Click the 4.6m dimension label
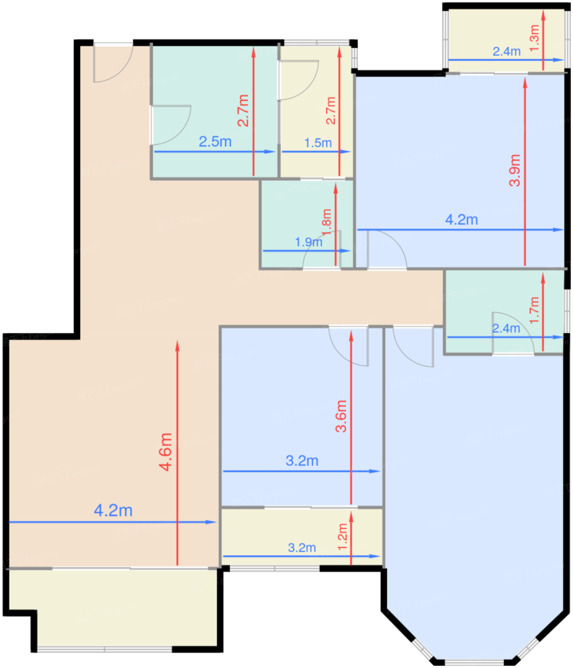166,452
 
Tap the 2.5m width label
215,142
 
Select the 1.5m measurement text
318,143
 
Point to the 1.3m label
534,38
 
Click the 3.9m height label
514,170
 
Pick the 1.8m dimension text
326,222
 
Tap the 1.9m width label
308,242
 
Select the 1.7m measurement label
534,310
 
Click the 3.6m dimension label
341,416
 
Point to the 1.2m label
342,537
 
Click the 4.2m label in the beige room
113,510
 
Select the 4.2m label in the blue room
461,220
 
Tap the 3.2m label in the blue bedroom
302,460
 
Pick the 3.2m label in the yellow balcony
302,547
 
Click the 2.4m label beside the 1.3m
506,52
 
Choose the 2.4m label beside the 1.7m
506,329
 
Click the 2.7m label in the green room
243,111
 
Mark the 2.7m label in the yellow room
330,111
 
